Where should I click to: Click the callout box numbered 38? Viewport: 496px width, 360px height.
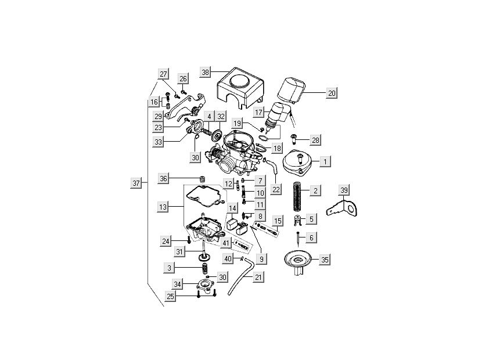pyautogui.click(x=205, y=72)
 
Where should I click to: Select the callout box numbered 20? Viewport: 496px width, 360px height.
pyautogui.click(x=331, y=92)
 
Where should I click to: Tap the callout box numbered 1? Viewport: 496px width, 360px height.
pyautogui.click(x=326, y=161)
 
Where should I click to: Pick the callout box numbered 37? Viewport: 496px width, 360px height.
pyautogui.click(x=136, y=183)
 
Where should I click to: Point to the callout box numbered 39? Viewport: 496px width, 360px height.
pyautogui.click(x=344, y=191)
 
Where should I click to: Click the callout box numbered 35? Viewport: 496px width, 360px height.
pyautogui.click(x=325, y=260)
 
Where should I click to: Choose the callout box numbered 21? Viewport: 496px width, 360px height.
pyautogui.click(x=258, y=277)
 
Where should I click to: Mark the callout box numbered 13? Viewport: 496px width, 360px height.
pyautogui.click(x=163, y=206)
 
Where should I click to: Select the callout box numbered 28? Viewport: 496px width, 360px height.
pyautogui.click(x=315, y=140)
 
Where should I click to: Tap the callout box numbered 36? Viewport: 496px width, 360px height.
pyautogui.click(x=164, y=178)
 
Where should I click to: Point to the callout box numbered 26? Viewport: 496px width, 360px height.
pyautogui.click(x=183, y=78)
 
